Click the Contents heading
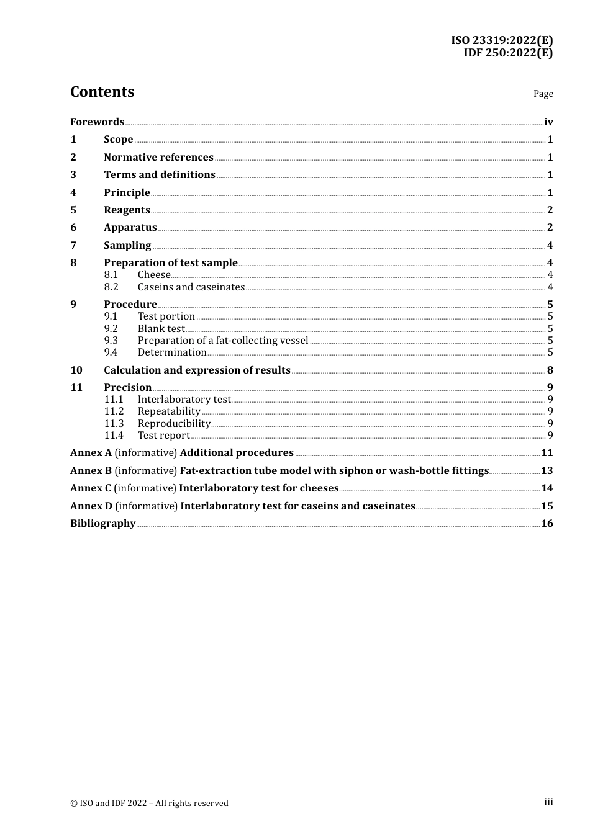(x=102, y=92)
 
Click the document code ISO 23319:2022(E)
(x=502, y=40)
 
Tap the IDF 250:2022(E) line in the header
(x=508, y=53)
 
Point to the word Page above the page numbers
(x=543, y=94)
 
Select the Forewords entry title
(x=97, y=122)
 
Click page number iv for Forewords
(x=548, y=122)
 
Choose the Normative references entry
(x=158, y=158)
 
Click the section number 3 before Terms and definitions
(x=73, y=175)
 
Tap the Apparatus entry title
(x=130, y=228)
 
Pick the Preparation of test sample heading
(x=170, y=263)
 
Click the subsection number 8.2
(x=111, y=287)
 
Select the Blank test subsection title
(x=161, y=329)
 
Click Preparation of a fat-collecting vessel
(x=222, y=341)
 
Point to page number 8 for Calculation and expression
(x=550, y=370)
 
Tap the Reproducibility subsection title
(x=174, y=424)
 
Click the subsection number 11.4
(x=114, y=436)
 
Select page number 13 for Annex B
(x=547, y=471)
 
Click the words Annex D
(x=91, y=506)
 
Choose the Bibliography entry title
(x=102, y=524)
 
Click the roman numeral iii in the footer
(x=548, y=802)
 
